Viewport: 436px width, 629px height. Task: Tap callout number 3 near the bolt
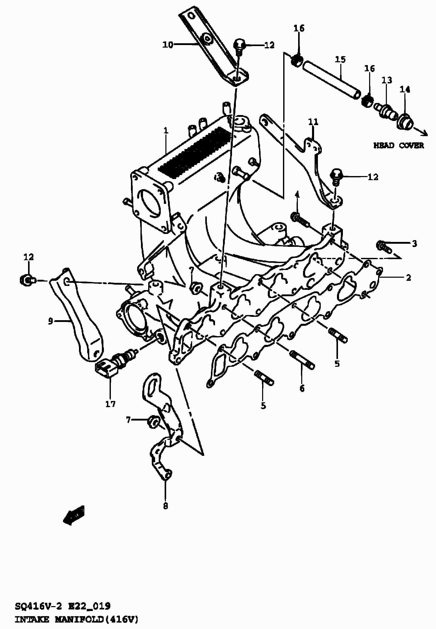[x=414, y=243]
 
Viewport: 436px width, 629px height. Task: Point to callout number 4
[x=297, y=195]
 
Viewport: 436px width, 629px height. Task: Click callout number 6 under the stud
[x=302, y=388]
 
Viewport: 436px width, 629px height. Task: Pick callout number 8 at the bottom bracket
[x=166, y=506]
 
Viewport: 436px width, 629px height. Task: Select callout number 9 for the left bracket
[x=50, y=321]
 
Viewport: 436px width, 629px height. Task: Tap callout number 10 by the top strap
[x=168, y=45]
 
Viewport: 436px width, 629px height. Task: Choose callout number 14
[x=405, y=89]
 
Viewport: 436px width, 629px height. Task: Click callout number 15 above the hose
[x=340, y=59]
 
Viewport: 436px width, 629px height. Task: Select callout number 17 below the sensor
[x=110, y=404]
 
